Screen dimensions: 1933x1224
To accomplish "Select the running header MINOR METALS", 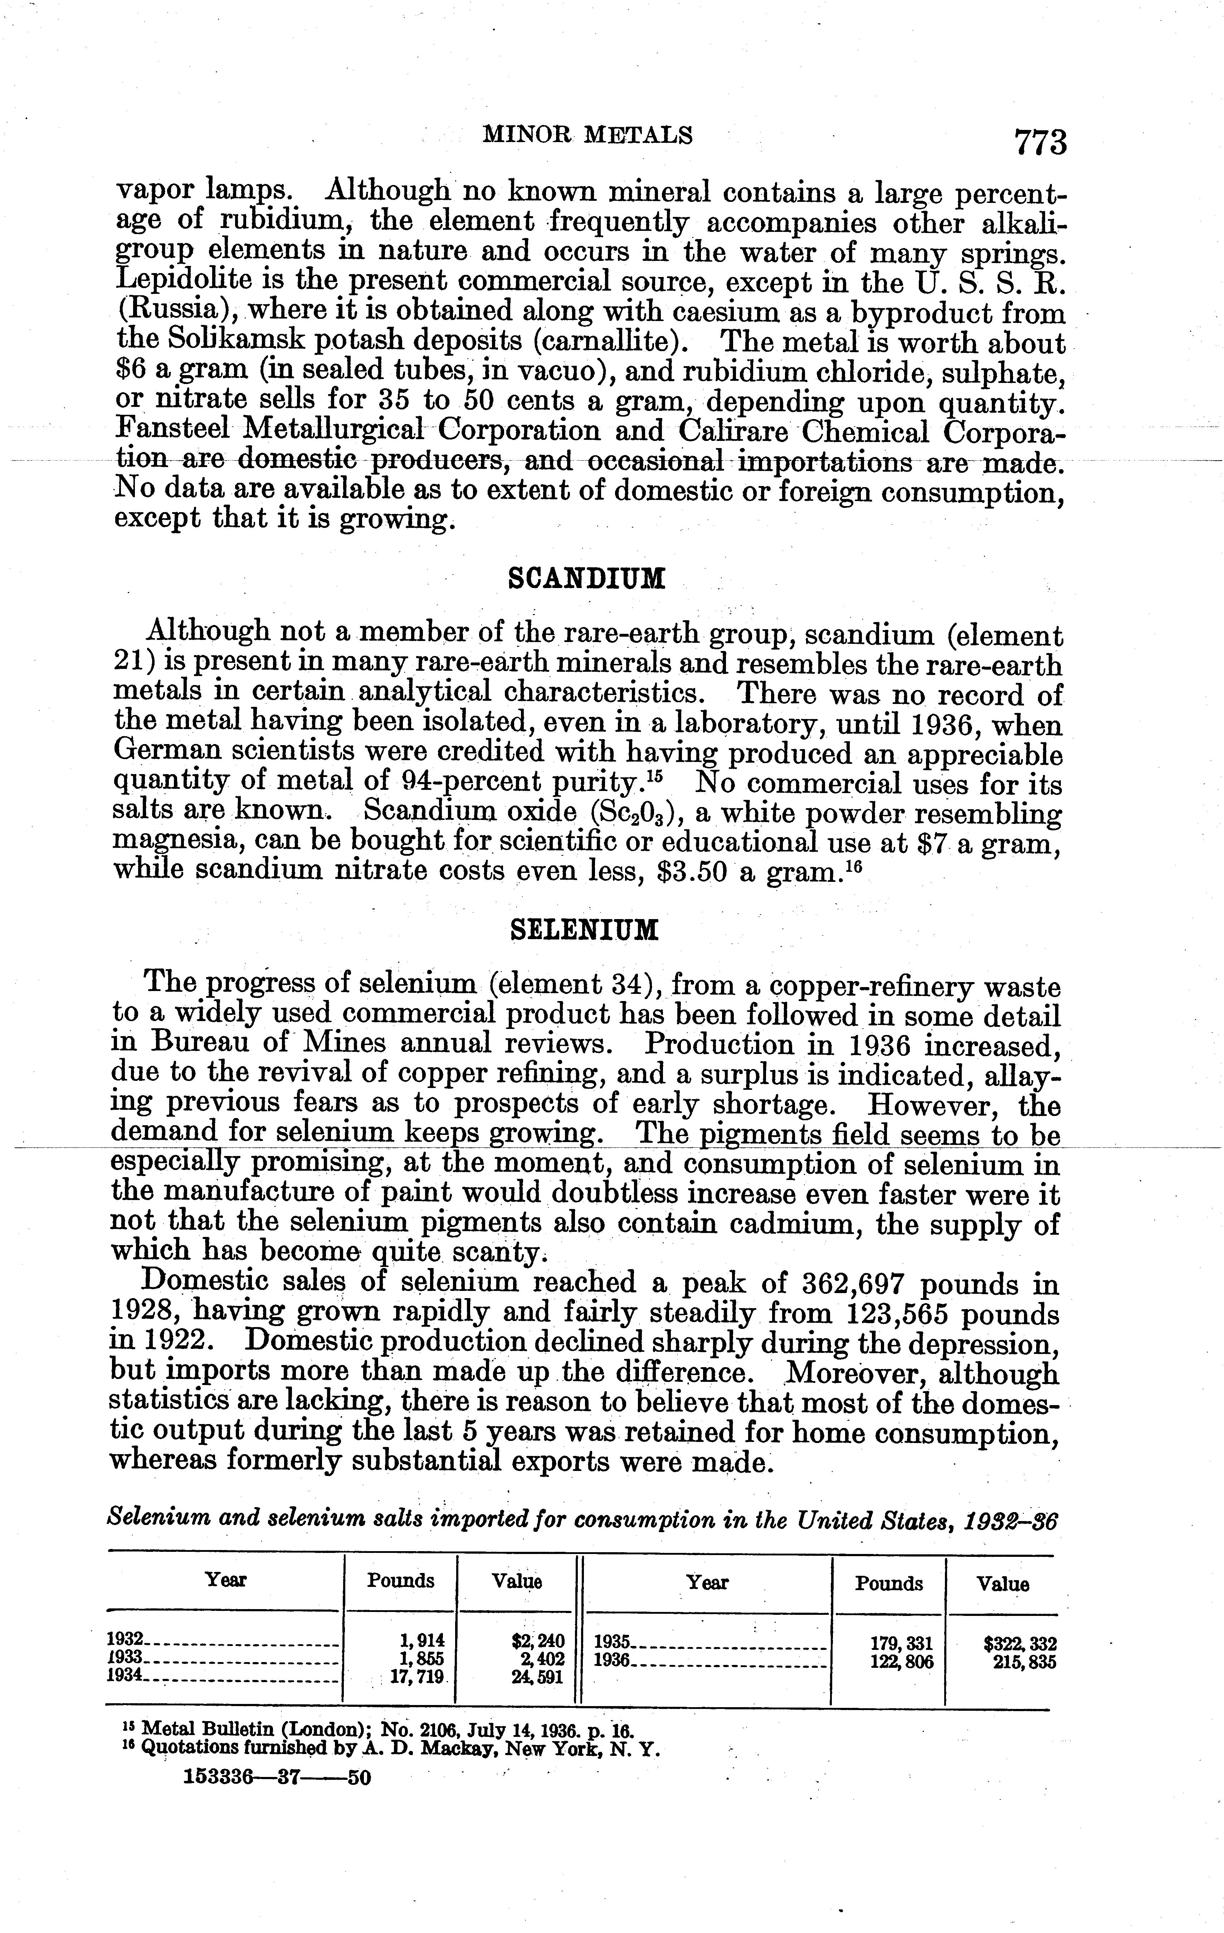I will coord(587,135).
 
